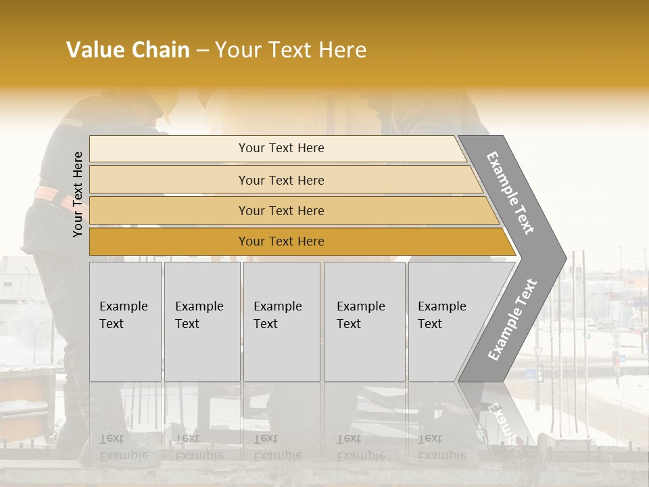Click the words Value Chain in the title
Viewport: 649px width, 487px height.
tap(128, 50)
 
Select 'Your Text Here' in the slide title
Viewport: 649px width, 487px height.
tap(290, 50)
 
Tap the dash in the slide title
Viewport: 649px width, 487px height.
tap(202, 51)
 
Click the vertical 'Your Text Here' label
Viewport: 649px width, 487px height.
tap(78, 195)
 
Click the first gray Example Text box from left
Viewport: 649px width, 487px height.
tap(125, 321)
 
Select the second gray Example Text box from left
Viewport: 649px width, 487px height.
tap(201, 321)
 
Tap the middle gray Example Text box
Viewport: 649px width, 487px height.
tap(281, 321)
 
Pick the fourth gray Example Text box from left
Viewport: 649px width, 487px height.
tap(364, 321)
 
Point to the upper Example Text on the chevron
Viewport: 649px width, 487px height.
tap(510, 193)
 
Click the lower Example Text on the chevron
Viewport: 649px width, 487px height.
tap(512, 319)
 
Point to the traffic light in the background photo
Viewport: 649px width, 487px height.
tap(540, 374)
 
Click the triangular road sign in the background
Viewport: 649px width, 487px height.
tap(538, 352)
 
